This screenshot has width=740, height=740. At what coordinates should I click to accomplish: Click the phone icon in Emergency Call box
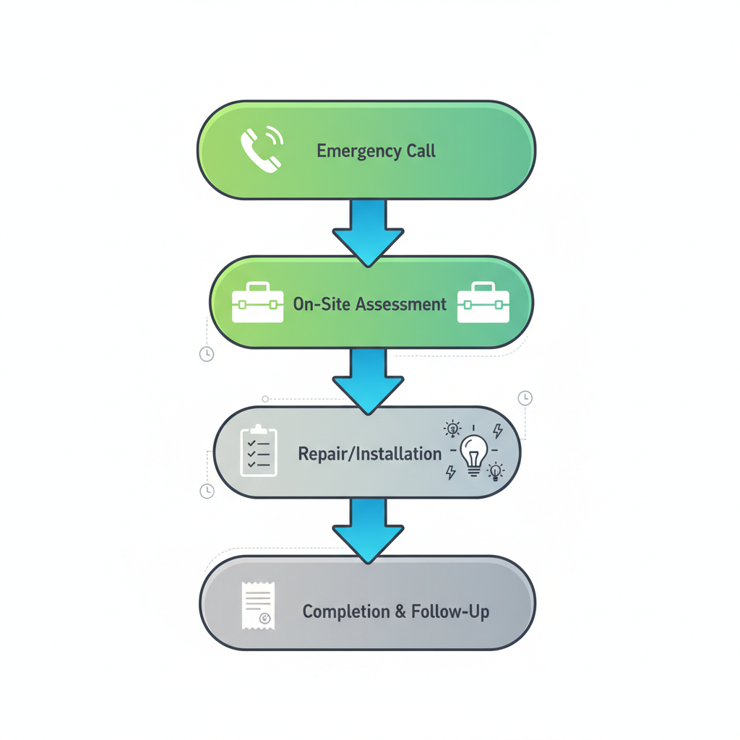(x=261, y=150)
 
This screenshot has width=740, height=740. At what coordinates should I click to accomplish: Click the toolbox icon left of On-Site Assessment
(x=257, y=303)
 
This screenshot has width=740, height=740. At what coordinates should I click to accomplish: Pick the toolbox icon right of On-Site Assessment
(x=483, y=303)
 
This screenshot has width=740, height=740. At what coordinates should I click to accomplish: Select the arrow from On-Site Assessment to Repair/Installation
(x=368, y=380)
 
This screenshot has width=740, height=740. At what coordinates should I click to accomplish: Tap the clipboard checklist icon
(x=258, y=452)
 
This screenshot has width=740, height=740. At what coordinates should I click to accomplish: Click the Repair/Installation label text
(x=369, y=454)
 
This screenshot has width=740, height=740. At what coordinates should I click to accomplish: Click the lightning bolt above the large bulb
(x=497, y=431)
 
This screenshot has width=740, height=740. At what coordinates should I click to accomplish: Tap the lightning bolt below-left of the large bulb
(x=451, y=473)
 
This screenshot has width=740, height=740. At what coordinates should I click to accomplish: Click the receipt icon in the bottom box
(x=258, y=605)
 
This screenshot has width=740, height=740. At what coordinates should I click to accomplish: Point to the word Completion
(x=346, y=612)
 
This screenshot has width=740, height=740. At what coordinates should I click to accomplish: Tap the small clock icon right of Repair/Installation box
(x=525, y=398)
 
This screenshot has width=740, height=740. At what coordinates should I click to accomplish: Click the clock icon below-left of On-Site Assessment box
(x=207, y=354)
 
